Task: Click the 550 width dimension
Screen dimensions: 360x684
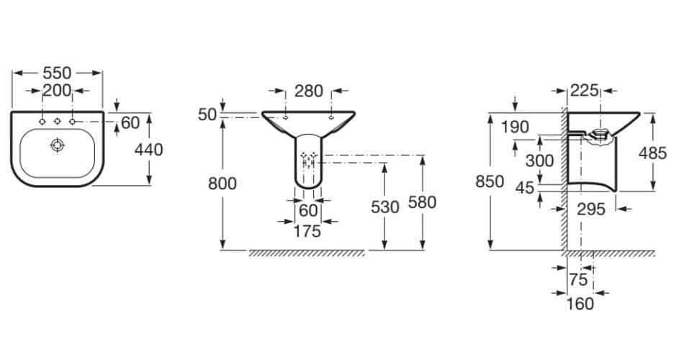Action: [x=57, y=73]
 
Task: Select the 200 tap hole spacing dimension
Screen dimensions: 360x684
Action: [x=57, y=91]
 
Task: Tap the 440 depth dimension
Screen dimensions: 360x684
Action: [x=148, y=150]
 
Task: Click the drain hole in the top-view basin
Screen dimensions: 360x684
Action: [x=57, y=145]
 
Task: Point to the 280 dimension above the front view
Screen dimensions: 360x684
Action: [x=308, y=91]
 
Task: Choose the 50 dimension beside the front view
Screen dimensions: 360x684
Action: [x=207, y=114]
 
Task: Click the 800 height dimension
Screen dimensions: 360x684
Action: [x=222, y=184]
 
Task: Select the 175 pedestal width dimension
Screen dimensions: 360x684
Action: [x=307, y=231]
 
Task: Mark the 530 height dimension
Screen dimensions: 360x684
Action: [x=385, y=207]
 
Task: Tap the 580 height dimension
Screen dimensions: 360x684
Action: [x=422, y=202]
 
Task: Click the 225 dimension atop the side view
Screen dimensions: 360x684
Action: [x=584, y=91]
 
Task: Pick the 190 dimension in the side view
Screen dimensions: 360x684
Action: [x=515, y=127]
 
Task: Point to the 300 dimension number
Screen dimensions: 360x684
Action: [x=539, y=160]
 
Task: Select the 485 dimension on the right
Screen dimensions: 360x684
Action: [x=652, y=153]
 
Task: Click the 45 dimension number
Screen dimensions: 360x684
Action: [x=526, y=188]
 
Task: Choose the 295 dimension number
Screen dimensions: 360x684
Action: [x=590, y=209]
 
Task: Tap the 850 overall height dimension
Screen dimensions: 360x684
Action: [x=490, y=181]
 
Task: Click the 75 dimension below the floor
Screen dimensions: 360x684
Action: [x=578, y=279]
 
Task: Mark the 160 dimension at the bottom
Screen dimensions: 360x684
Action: [x=580, y=303]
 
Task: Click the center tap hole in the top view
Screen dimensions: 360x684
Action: [x=57, y=120]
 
